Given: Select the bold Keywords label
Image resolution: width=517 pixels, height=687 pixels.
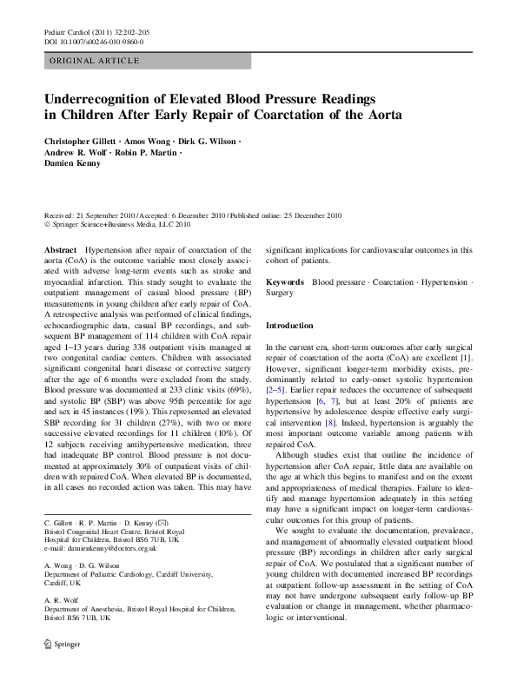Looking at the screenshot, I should (x=284, y=283).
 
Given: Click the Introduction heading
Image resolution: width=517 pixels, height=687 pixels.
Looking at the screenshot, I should (x=289, y=325).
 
